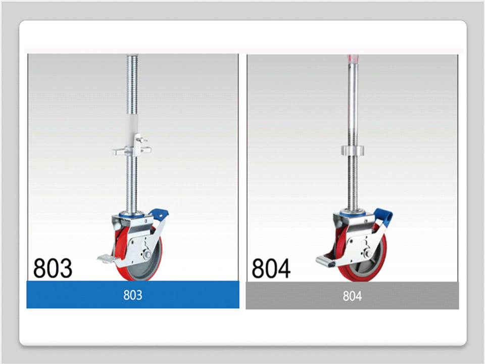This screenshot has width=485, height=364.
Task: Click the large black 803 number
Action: click(53, 268)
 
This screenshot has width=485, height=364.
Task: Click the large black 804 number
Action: click(271, 268)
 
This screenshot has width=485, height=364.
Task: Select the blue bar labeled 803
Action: click(133, 294)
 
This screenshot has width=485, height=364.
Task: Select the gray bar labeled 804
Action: click(352, 296)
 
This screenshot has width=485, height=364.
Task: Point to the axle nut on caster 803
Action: click(147, 254)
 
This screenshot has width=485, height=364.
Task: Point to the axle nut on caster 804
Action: click(368, 254)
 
